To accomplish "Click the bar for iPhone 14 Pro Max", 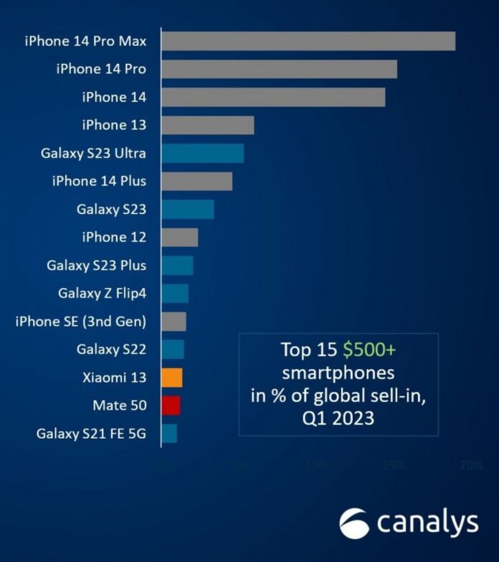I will [308, 41].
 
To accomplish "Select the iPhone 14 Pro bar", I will [279, 69].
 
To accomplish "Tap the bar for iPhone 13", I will [207, 125].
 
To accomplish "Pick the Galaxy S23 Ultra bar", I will [202, 153].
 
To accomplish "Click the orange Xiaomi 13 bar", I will [171, 378].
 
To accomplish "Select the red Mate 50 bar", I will [171, 406].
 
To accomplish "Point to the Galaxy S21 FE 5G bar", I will [168, 434].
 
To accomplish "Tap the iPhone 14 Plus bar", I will [196, 181].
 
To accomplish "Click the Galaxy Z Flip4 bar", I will [174, 294].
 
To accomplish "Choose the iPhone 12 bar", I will [179, 237].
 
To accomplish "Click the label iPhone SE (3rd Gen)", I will [80, 322].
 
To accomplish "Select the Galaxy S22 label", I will [111, 350].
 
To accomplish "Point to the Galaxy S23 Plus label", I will [96, 266].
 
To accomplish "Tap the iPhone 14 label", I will [114, 97].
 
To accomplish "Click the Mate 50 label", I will [119, 406].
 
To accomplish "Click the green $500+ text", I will [369, 350].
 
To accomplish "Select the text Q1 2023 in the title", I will [338, 418].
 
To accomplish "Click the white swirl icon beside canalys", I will [354, 523].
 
